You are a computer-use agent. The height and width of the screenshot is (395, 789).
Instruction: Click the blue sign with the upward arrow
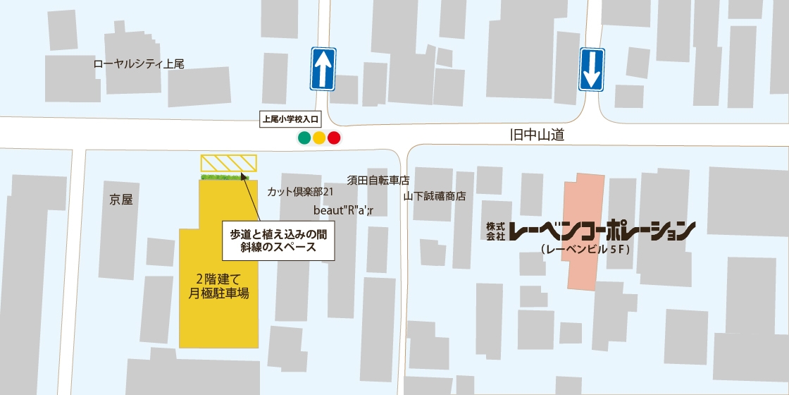click(x=323, y=69)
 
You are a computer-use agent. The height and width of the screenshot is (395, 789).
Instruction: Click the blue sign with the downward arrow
click(x=592, y=69)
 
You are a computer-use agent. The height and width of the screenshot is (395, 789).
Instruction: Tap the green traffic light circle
click(x=304, y=138)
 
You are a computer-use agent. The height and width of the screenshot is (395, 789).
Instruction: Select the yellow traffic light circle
click(x=319, y=138)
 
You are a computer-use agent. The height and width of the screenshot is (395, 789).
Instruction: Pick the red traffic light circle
click(x=334, y=138)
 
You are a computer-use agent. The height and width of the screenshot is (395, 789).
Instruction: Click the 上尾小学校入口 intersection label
click(x=290, y=119)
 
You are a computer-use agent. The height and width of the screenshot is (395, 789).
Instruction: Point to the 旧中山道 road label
click(x=538, y=135)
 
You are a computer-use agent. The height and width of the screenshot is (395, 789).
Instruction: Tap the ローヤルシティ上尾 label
click(x=139, y=63)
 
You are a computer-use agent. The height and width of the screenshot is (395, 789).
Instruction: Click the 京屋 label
click(x=121, y=200)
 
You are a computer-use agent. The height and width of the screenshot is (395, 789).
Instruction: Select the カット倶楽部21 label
click(x=300, y=192)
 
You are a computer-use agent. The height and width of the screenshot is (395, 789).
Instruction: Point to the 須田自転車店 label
click(x=378, y=180)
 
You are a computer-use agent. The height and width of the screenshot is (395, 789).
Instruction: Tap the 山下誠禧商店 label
click(x=435, y=197)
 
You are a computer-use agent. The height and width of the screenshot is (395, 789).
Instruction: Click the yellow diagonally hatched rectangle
click(x=229, y=164)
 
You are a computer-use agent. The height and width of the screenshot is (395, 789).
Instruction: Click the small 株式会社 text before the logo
click(x=495, y=231)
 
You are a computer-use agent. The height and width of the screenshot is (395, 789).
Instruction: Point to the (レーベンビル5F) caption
click(x=584, y=250)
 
